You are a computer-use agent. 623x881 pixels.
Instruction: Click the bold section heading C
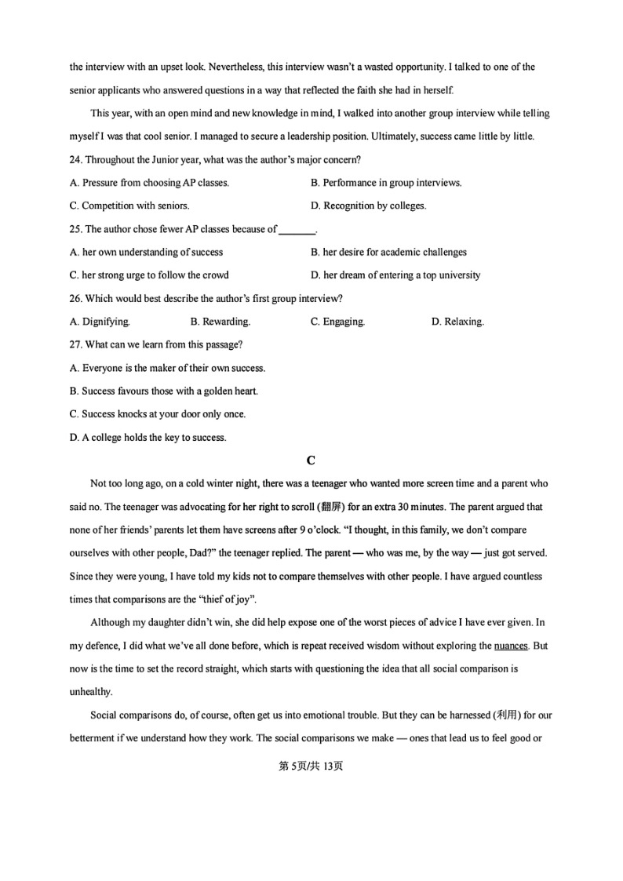point(311,461)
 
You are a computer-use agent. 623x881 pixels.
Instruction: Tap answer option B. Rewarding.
point(220,322)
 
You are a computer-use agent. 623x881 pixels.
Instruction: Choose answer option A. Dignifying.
point(100,322)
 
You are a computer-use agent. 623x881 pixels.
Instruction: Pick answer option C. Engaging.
point(337,322)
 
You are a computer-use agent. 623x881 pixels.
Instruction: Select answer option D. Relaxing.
point(457,322)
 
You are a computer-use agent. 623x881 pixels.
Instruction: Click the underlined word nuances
point(511,646)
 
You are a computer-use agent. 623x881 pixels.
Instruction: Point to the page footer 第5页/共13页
point(311,766)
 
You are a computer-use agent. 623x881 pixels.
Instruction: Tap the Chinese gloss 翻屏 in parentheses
point(308,507)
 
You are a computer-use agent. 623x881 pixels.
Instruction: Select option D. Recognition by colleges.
point(368,206)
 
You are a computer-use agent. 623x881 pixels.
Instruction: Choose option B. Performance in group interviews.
point(386,183)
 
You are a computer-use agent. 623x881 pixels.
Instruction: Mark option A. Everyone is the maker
point(167,368)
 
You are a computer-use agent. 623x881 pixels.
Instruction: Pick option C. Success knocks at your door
point(157,414)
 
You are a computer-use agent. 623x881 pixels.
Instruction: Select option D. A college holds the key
point(148,438)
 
